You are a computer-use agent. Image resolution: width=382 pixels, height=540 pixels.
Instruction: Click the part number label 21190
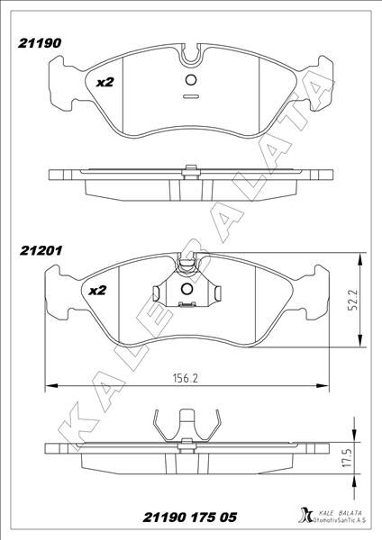(40, 43)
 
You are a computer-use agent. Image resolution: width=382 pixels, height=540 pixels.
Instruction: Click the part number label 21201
(41, 250)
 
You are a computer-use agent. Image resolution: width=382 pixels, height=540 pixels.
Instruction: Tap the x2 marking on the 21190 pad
(105, 82)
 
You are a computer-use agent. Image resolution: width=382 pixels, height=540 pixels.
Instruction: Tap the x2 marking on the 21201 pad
(97, 291)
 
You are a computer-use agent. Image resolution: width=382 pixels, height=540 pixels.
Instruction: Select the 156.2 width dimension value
(185, 378)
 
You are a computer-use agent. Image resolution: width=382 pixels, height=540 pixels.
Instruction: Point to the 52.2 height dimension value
(353, 300)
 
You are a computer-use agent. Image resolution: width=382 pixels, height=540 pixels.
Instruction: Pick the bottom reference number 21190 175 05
(190, 517)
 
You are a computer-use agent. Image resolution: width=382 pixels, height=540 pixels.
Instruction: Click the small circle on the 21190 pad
(191, 80)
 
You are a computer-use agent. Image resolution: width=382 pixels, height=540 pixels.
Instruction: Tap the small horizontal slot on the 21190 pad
(191, 96)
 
